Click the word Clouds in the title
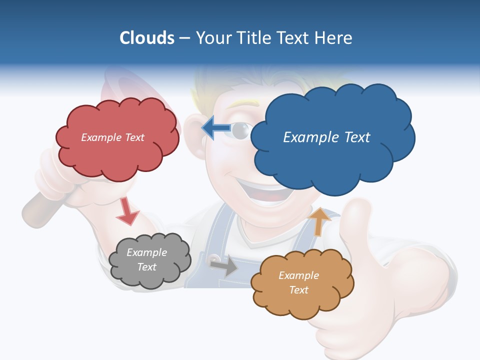(146, 38)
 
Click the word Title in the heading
(254, 38)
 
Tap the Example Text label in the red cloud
(112, 137)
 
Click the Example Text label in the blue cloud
(326, 137)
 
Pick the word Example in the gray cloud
(146, 252)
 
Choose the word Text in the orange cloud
(298, 290)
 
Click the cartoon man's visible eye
(241, 130)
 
